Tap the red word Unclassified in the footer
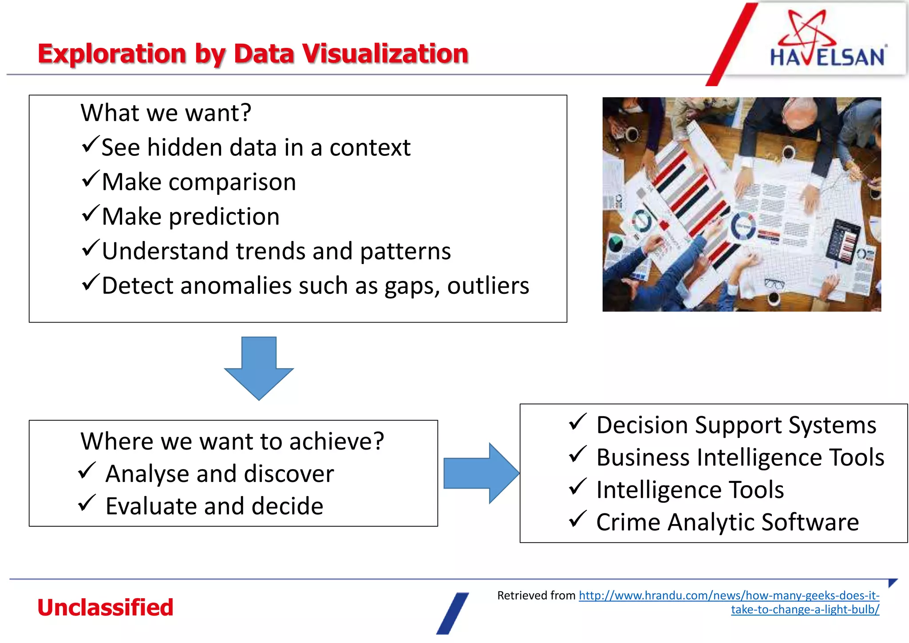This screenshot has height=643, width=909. tap(105, 607)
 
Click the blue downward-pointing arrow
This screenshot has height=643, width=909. tap(259, 368)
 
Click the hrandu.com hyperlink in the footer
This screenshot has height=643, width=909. tap(729, 596)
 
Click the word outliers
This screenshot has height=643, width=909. tap(488, 285)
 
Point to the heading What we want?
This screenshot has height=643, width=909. tap(166, 113)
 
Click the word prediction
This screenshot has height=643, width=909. tap(224, 217)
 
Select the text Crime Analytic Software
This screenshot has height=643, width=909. tap(727, 522)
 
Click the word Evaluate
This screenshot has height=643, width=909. tap(151, 506)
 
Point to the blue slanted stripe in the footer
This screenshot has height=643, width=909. tap(452, 613)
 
